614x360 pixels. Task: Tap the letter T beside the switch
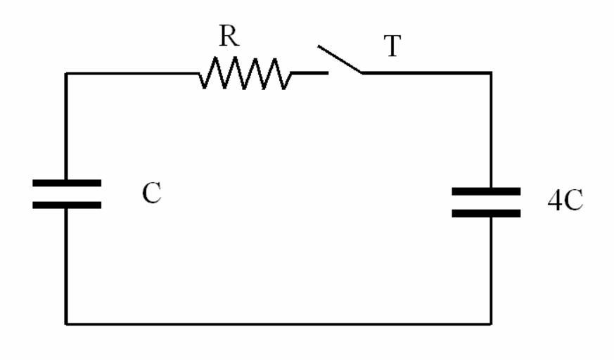pyautogui.click(x=392, y=46)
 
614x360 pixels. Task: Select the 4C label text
pyautogui.click(x=565, y=201)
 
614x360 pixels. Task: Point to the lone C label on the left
pyautogui.click(x=151, y=193)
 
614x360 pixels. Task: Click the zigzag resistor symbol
pyautogui.click(x=244, y=73)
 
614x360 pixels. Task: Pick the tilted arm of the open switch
pyautogui.click(x=340, y=59)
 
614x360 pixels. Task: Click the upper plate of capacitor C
pyautogui.click(x=67, y=183)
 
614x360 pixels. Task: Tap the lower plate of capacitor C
pyautogui.click(x=67, y=205)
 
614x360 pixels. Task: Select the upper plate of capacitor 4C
pyautogui.click(x=486, y=191)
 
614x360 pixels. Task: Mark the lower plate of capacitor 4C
pyautogui.click(x=486, y=213)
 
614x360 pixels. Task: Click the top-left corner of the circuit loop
pyautogui.click(x=67, y=73)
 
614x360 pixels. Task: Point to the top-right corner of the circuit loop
pyautogui.click(x=490, y=73)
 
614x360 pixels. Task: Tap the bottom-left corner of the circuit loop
pyautogui.click(x=67, y=323)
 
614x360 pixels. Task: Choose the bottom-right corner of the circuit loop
pyautogui.click(x=490, y=323)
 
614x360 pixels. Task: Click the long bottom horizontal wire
pyautogui.click(x=279, y=323)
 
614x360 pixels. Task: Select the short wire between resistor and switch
pyautogui.click(x=309, y=72)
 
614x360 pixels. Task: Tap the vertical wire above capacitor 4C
pyautogui.click(x=490, y=130)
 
